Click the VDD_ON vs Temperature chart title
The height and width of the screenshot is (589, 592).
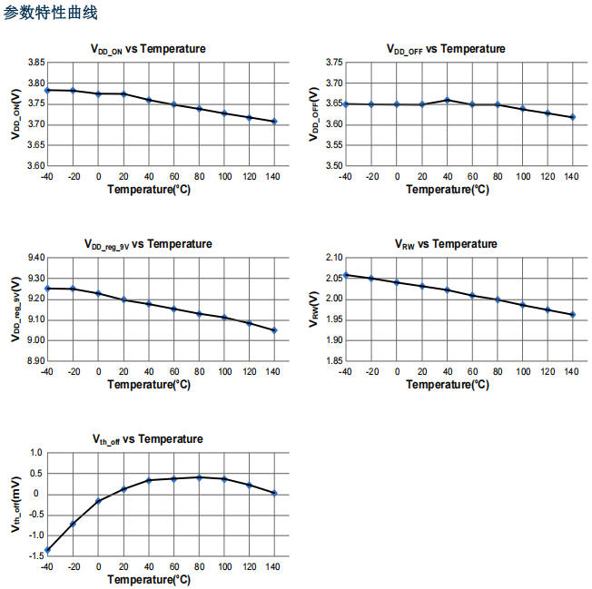(x=148, y=49)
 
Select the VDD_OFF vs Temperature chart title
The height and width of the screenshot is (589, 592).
(x=446, y=49)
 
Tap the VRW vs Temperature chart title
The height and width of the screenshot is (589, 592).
(x=446, y=244)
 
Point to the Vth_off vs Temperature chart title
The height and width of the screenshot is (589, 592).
(x=147, y=439)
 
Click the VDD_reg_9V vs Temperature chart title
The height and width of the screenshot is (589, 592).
(x=148, y=244)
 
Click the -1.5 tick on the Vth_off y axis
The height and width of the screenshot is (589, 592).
(x=35, y=556)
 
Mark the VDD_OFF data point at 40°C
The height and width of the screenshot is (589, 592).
(x=447, y=100)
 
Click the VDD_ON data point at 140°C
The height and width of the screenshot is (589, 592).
(x=273, y=122)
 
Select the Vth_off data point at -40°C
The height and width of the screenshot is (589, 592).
(x=47, y=550)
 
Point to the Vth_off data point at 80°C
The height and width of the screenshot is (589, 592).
(x=198, y=476)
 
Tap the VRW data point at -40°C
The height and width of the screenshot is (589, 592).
(x=346, y=275)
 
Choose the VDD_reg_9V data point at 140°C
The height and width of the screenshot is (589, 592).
(x=273, y=330)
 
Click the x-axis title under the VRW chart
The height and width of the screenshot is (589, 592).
(x=447, y=385)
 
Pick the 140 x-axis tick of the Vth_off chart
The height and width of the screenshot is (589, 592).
(x=273, y=566)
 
